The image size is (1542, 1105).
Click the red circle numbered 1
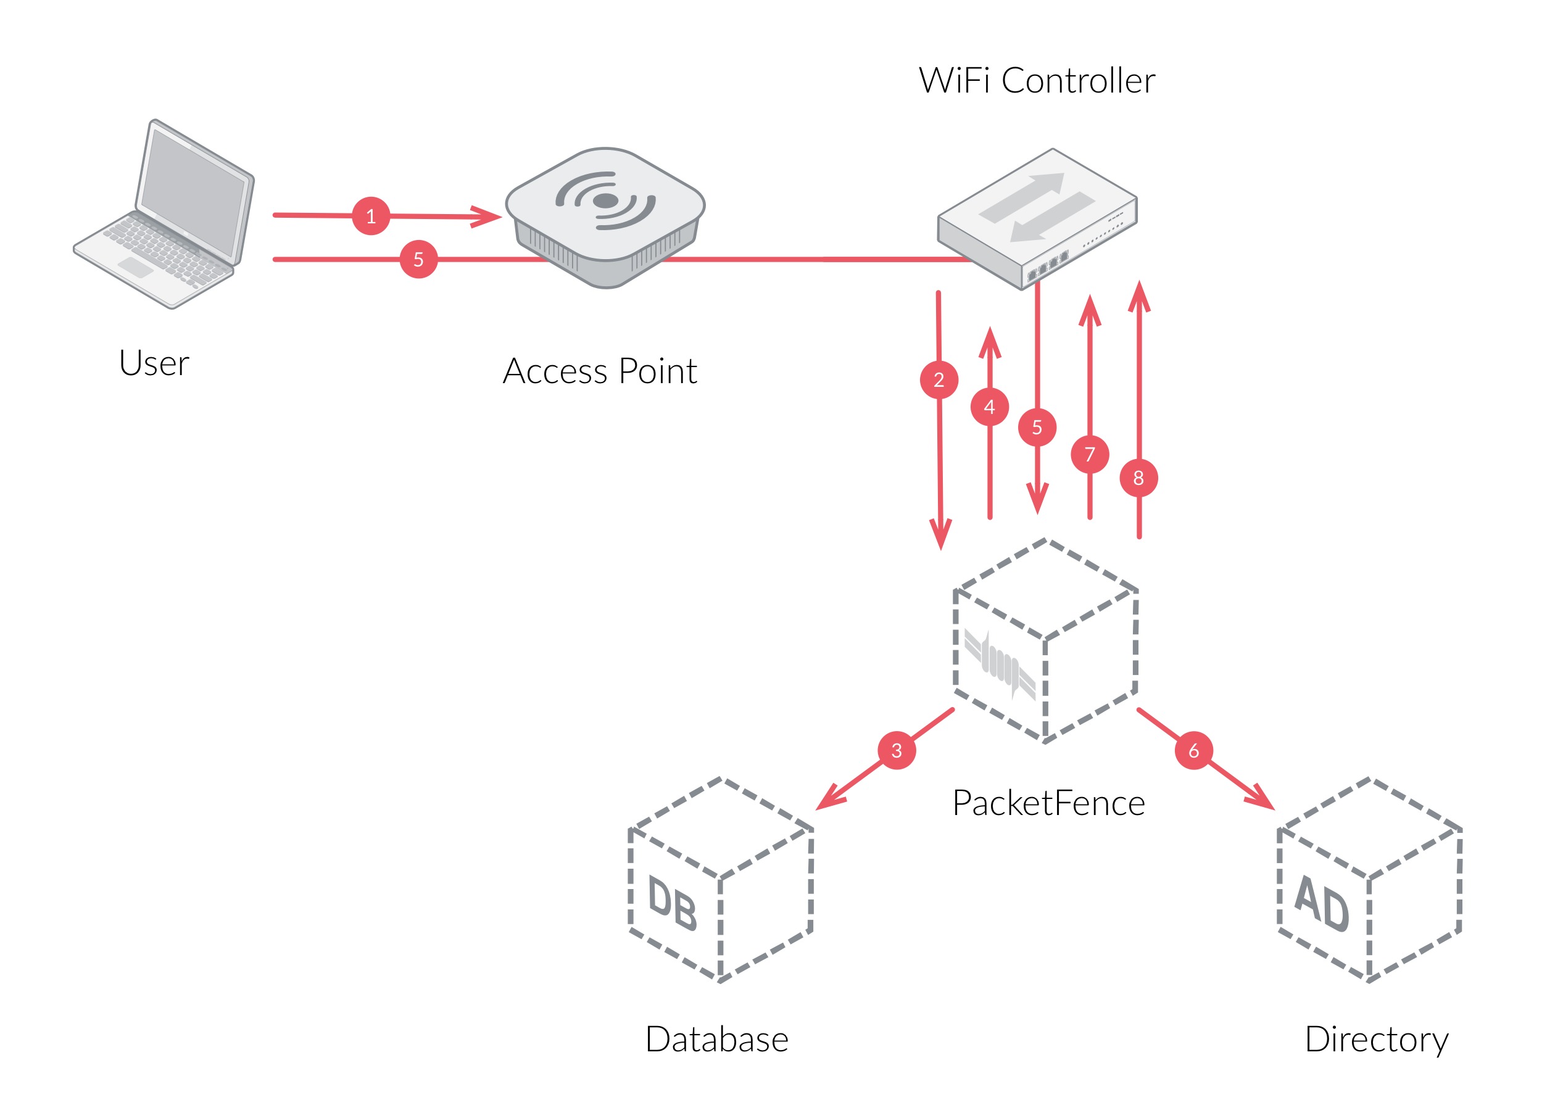tap(371, 216)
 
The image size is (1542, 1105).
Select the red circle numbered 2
tap(939, 379)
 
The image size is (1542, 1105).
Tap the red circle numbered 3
tap(897, 750)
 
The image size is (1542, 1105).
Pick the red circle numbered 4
tap(990, 407)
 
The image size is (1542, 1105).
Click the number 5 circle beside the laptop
tap(418, 259)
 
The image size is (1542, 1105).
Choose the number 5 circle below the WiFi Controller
tap(1037, 427)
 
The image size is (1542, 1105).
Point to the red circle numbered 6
tap(1194, 750)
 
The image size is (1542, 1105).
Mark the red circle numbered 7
tap(1090, 453)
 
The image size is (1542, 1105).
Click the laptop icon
tap(164, 214)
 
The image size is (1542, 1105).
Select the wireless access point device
tap(605, 218)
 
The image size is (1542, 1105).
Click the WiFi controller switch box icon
tap(1037, 219)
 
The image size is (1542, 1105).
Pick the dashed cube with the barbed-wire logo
tap(1046, 640)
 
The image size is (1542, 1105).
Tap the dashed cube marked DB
tap(721, 880)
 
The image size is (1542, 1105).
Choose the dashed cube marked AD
tap(1370, 880)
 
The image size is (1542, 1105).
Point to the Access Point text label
tap(600, 371)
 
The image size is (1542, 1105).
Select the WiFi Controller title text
tap(1037, 80)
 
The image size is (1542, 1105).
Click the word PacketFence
tap(1049, 803)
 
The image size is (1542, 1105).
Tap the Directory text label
tap(1377, 1040)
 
